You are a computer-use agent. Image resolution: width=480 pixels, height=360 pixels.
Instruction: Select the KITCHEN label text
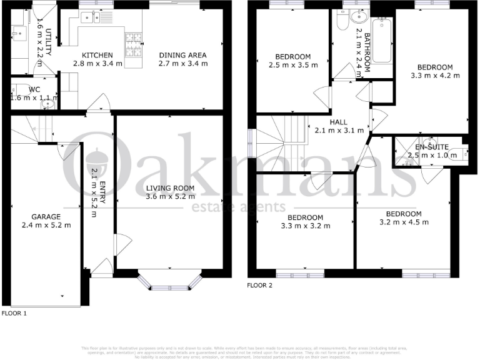(97, 55)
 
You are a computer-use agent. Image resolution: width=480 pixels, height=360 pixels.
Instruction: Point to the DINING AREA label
(182, 55)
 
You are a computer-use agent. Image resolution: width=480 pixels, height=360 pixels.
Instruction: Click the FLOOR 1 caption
(14, 312)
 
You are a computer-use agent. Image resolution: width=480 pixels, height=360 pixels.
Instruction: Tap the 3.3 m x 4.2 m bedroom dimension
(434, 76)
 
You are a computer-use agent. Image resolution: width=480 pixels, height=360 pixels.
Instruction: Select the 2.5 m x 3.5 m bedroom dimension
(292, 64)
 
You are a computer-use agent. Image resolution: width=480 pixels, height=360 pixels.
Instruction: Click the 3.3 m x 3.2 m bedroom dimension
(301, 226)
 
